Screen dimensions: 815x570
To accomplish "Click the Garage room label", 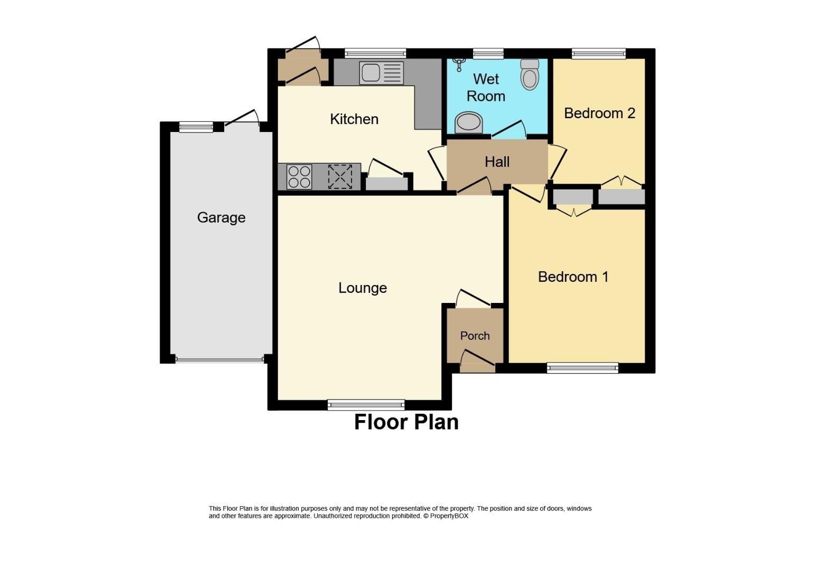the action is (x=221, y=217).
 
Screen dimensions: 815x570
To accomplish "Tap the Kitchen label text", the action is (x=354, y=119).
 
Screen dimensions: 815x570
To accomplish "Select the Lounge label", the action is (x=363, y=288).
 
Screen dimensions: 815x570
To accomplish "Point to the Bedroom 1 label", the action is (x=573, y=277).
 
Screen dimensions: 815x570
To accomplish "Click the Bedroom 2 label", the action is (x=599, y=113).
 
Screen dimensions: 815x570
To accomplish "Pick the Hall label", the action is (x=497, y=161).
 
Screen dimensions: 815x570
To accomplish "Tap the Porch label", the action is (x=475, y=336).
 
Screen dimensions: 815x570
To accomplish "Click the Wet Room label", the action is (x=486, y=88).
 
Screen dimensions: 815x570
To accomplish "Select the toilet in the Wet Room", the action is (x=530, y=74).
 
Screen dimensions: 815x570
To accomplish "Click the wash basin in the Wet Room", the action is (x=469, y=122).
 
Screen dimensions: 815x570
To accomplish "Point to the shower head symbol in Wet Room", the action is (x=459, y=65).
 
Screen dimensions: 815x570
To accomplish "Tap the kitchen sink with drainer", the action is (x=381, y=73).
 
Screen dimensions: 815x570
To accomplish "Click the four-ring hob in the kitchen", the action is (x=299, y=177).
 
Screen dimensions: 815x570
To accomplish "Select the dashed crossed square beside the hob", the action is (x=340, y=177).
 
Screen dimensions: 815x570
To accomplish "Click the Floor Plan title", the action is (x=406, y=422).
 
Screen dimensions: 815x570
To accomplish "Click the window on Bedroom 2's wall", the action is (x=598, y=54).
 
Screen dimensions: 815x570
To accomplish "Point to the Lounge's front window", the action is (x=366, y=405).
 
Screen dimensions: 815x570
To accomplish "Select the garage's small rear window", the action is (x=196, y=127).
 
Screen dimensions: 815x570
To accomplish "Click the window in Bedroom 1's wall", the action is (x=582, y=368).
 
